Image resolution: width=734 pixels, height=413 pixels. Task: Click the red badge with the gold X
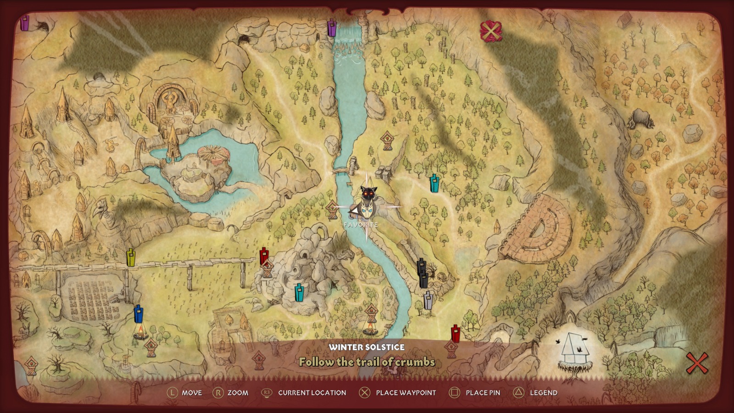[x=490, y=32]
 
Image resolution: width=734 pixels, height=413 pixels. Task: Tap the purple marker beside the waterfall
[x=332, y=28]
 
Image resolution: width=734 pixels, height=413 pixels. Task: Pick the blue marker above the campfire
[x=138, y=314]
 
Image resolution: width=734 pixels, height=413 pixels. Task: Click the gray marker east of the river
[x=428, y=301]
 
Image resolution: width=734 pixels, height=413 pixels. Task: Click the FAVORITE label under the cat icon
[x=361, y=225]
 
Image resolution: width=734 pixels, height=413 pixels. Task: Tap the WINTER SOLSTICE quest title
[x=367, y=347]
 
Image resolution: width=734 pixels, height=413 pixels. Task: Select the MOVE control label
[x=192, y=393]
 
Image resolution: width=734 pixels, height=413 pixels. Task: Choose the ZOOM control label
[x=238, y=393]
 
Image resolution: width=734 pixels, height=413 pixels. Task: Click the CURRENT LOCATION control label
[x=312, y=393]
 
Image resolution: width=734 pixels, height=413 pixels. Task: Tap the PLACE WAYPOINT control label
[x=406, y=393]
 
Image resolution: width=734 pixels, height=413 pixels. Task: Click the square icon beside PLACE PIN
[x=454, y=392]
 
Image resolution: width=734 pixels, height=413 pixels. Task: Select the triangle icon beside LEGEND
[x=518, y=392]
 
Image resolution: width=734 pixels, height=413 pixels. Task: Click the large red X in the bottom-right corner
[x=696, y=363]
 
